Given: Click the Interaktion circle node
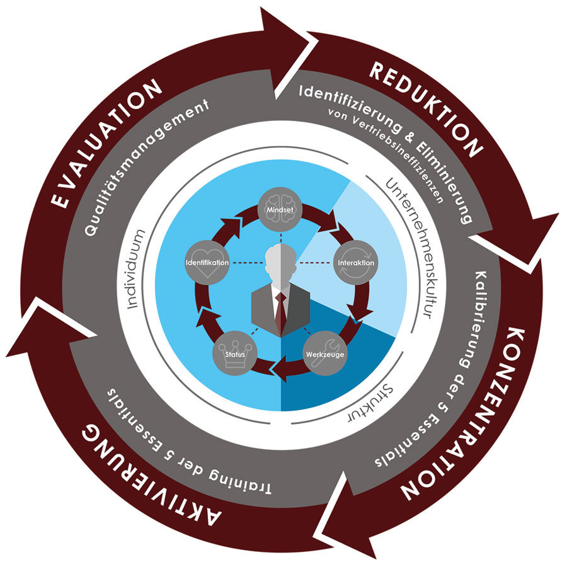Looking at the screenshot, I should pos(355,261).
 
